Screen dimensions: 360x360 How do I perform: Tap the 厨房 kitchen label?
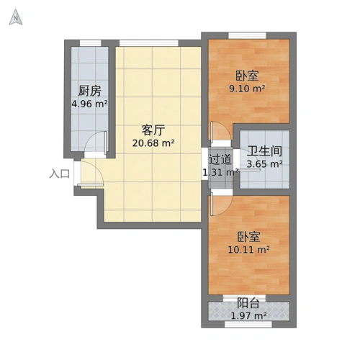pyautogui.click(x=89, y=91)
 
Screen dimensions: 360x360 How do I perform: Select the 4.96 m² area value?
pyautogui.click(x=89, y=104)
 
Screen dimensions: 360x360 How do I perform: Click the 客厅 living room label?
pyautogui.click(x=153, y=130)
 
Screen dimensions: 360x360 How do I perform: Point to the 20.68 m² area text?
pyautogui.click(x=153, y=143)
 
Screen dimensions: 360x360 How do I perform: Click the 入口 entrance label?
pyautogui.click(x=60, y=174)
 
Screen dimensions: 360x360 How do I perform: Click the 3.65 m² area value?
pyautogui.click(x=264, y=164)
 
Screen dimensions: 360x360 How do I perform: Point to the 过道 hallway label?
pyautogui.click(x=220, y=159)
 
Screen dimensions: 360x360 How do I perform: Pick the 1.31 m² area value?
pyautogui.click(x=220, y=172)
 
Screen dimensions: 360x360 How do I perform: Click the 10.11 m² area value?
pyautogui.click(x=248, y=250)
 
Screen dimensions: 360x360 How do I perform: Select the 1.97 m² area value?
pyautogui.click(x=248, y=316)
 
